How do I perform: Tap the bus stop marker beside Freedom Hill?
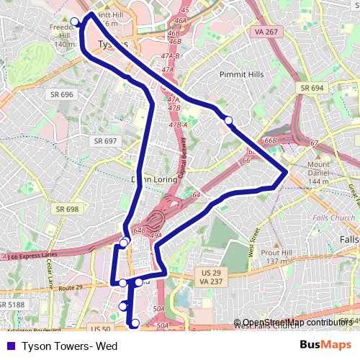[75, 21]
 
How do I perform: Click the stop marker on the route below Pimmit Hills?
[228, 120]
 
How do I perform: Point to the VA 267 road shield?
[266, 32]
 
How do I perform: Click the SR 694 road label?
[312, 87]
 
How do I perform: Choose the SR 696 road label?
[62, 94]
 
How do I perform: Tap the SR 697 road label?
[104, 141]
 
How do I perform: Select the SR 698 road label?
[67, 209]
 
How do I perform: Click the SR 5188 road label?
[12, 305]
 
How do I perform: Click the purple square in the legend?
[9, 346]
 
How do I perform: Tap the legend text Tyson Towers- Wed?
[69, 346]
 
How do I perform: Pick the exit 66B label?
[271, 140]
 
